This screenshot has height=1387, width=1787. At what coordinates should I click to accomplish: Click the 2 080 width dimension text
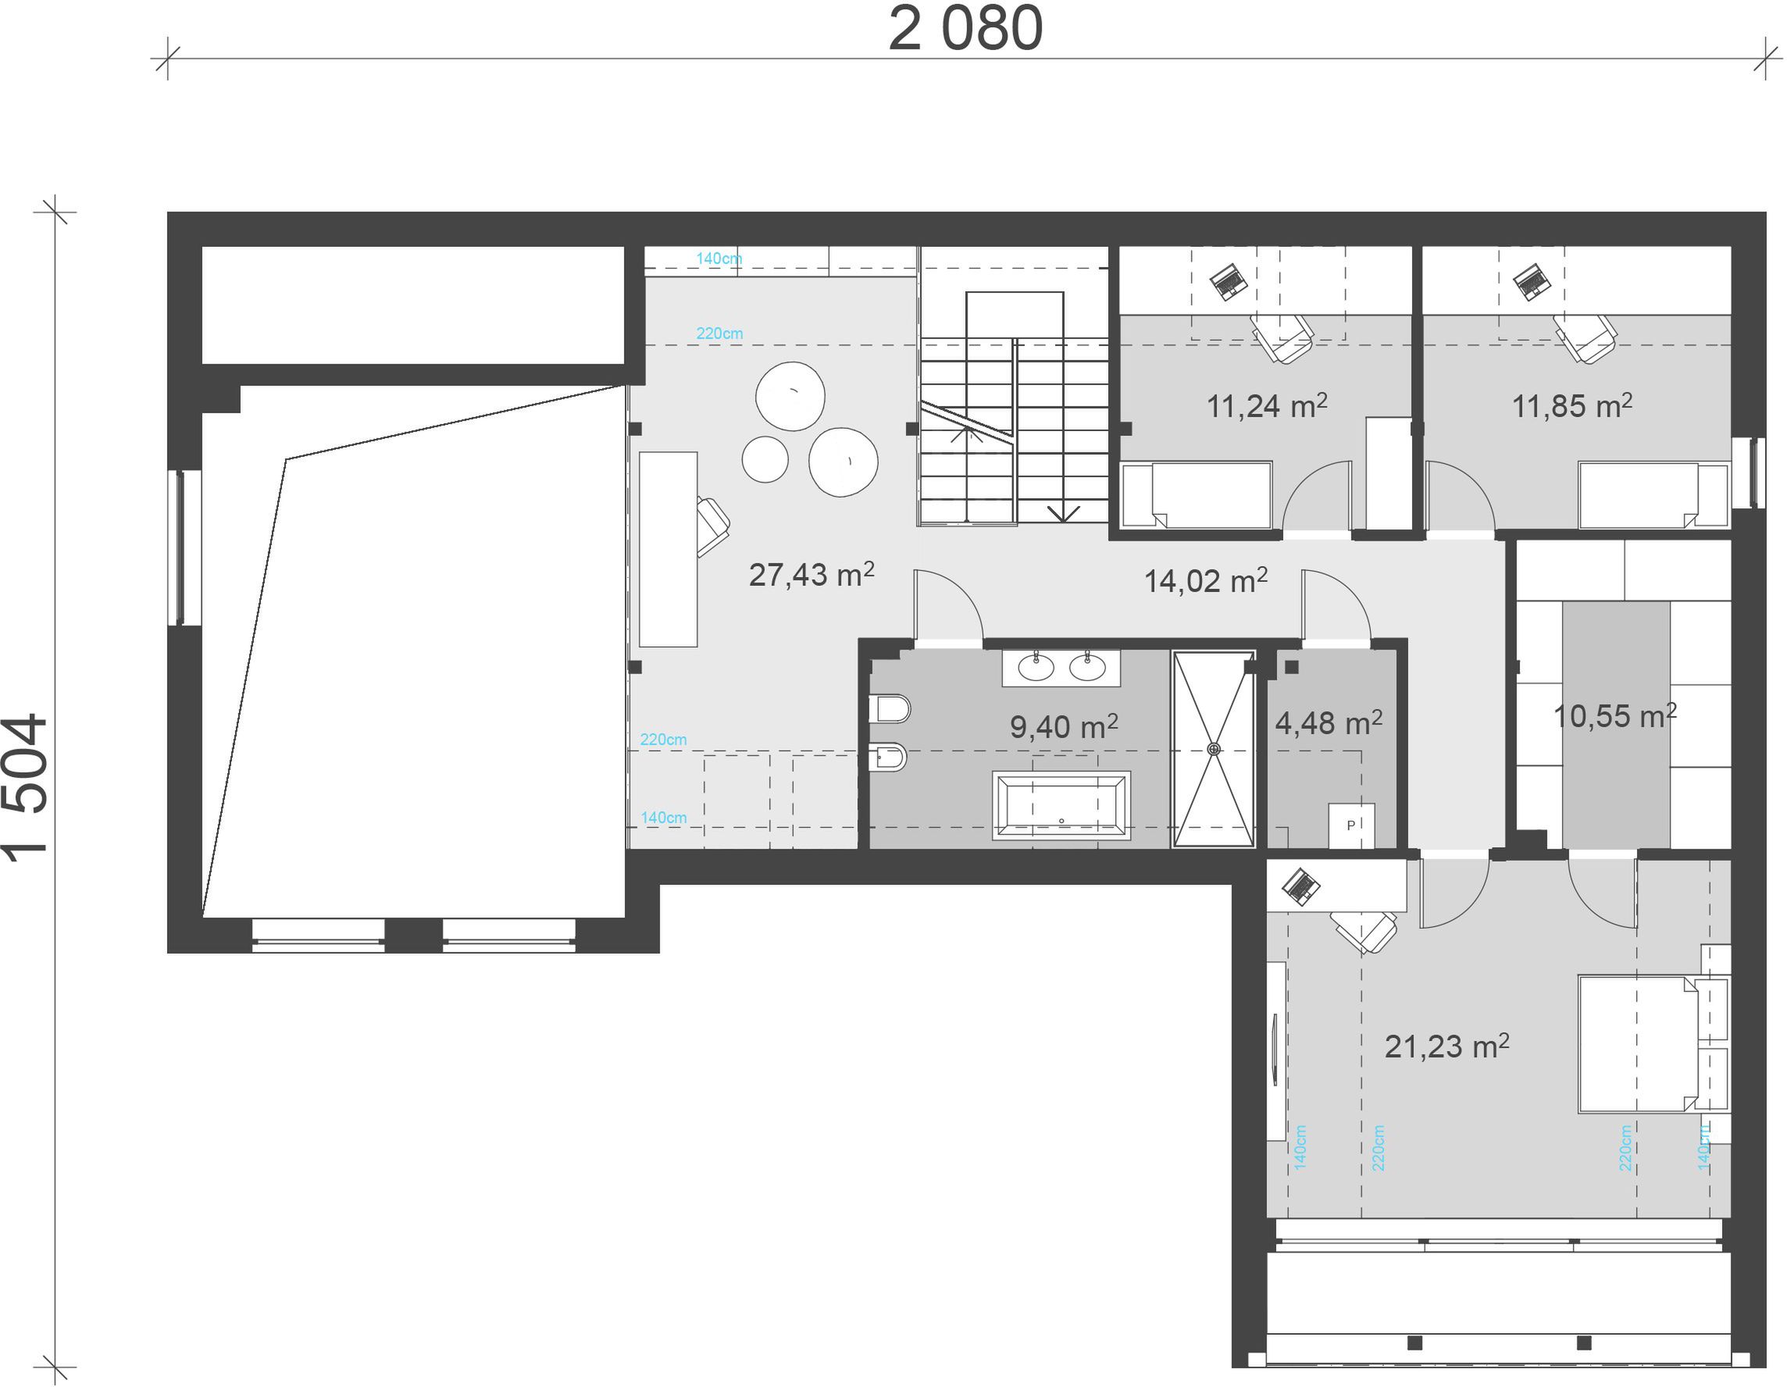(x=965, y=30)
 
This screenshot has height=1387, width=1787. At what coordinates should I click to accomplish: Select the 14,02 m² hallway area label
(x=1205, y=580)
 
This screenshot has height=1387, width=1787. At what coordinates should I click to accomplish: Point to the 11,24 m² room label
(x=1267, y=405)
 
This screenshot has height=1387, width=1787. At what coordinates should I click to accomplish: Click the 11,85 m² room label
(x=1571, y=405)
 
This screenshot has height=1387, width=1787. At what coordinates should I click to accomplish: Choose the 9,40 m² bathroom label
(x=1064, y=726)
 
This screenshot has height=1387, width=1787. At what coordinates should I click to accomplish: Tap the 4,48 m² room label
(x=1329, y=722)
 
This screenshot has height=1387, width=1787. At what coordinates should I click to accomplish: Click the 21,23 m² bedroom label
(x=1446, y=1046)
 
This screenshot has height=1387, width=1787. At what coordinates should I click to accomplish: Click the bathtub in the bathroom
(x=1061, y=805)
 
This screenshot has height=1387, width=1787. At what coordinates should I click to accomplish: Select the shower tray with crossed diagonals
(x=1214, y=749)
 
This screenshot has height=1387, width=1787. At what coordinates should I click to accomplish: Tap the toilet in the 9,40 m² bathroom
(x=890, y=708)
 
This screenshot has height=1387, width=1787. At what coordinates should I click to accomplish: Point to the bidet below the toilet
(x=888, y=758)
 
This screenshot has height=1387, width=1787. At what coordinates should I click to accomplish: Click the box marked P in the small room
(x=1351, y=825)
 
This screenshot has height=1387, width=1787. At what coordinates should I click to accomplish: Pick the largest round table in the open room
(x=844, y=462)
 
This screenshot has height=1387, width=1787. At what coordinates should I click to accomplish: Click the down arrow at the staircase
(x=1063, y=513)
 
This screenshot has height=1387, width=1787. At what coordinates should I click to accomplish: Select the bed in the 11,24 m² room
(x=1197, y=495)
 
